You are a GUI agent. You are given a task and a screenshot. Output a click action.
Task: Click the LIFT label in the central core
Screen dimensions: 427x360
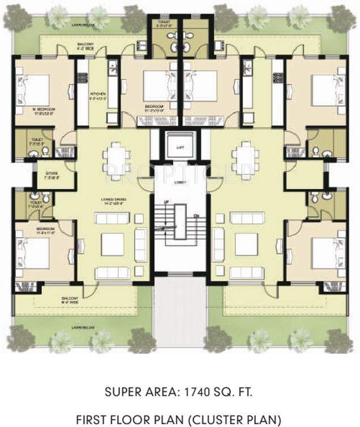[180, 147]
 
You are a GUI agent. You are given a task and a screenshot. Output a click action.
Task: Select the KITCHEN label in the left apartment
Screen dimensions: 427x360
[98, 96]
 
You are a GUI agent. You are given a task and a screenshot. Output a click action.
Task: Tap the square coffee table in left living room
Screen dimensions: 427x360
[113, 244]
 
